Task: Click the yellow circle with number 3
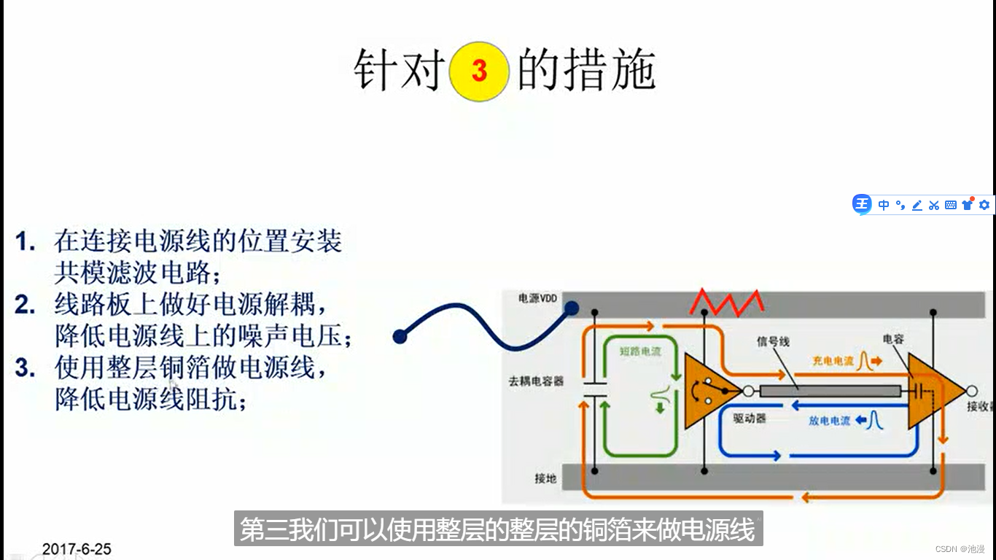point(478,71)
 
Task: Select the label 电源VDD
point(537,298)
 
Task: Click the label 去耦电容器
point(536,381)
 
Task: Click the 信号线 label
point(773,341)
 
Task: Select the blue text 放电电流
point(829,421)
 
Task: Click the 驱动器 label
point(748,419)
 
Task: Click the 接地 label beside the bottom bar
point(545,478)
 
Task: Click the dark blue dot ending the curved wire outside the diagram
point(400,336)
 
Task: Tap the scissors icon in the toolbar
point(933,205)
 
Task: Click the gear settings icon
point(984,205)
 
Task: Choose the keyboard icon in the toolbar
point(950,205)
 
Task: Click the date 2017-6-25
point(77,549)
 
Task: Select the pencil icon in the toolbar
point(917,205)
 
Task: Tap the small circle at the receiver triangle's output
point(971,391)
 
